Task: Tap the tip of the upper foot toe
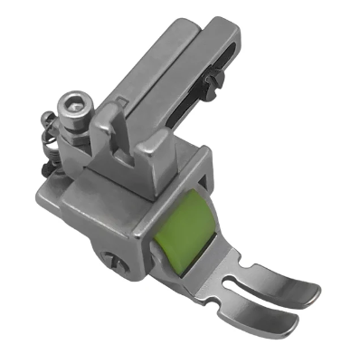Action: (313, 291)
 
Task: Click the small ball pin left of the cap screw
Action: (45, 116)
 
